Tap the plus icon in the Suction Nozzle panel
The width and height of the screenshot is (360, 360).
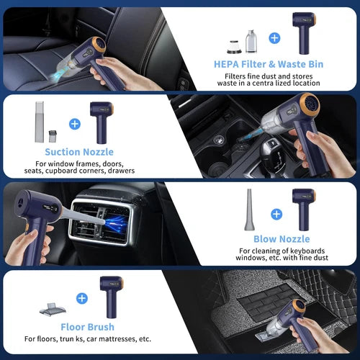[x=74, y=123]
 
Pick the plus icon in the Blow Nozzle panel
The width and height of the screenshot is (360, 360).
[x=276, y=213]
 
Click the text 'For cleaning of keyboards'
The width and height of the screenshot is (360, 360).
[x=276, y=251]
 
